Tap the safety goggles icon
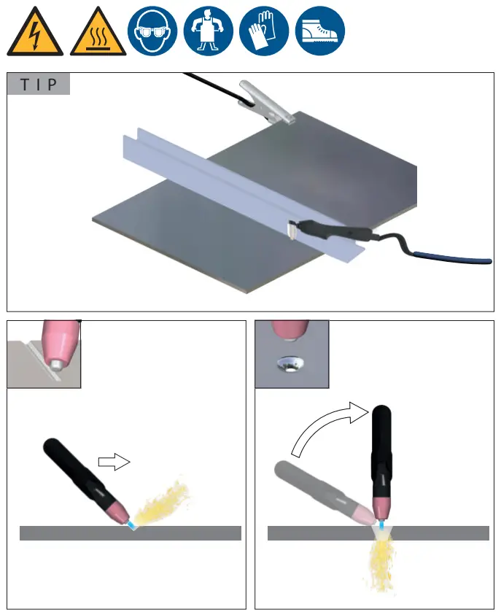coord(152,32)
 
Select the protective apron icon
coord(208,32)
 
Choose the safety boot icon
coord(319,32)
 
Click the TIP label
coord(39,84)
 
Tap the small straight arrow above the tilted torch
coord(113,461)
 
